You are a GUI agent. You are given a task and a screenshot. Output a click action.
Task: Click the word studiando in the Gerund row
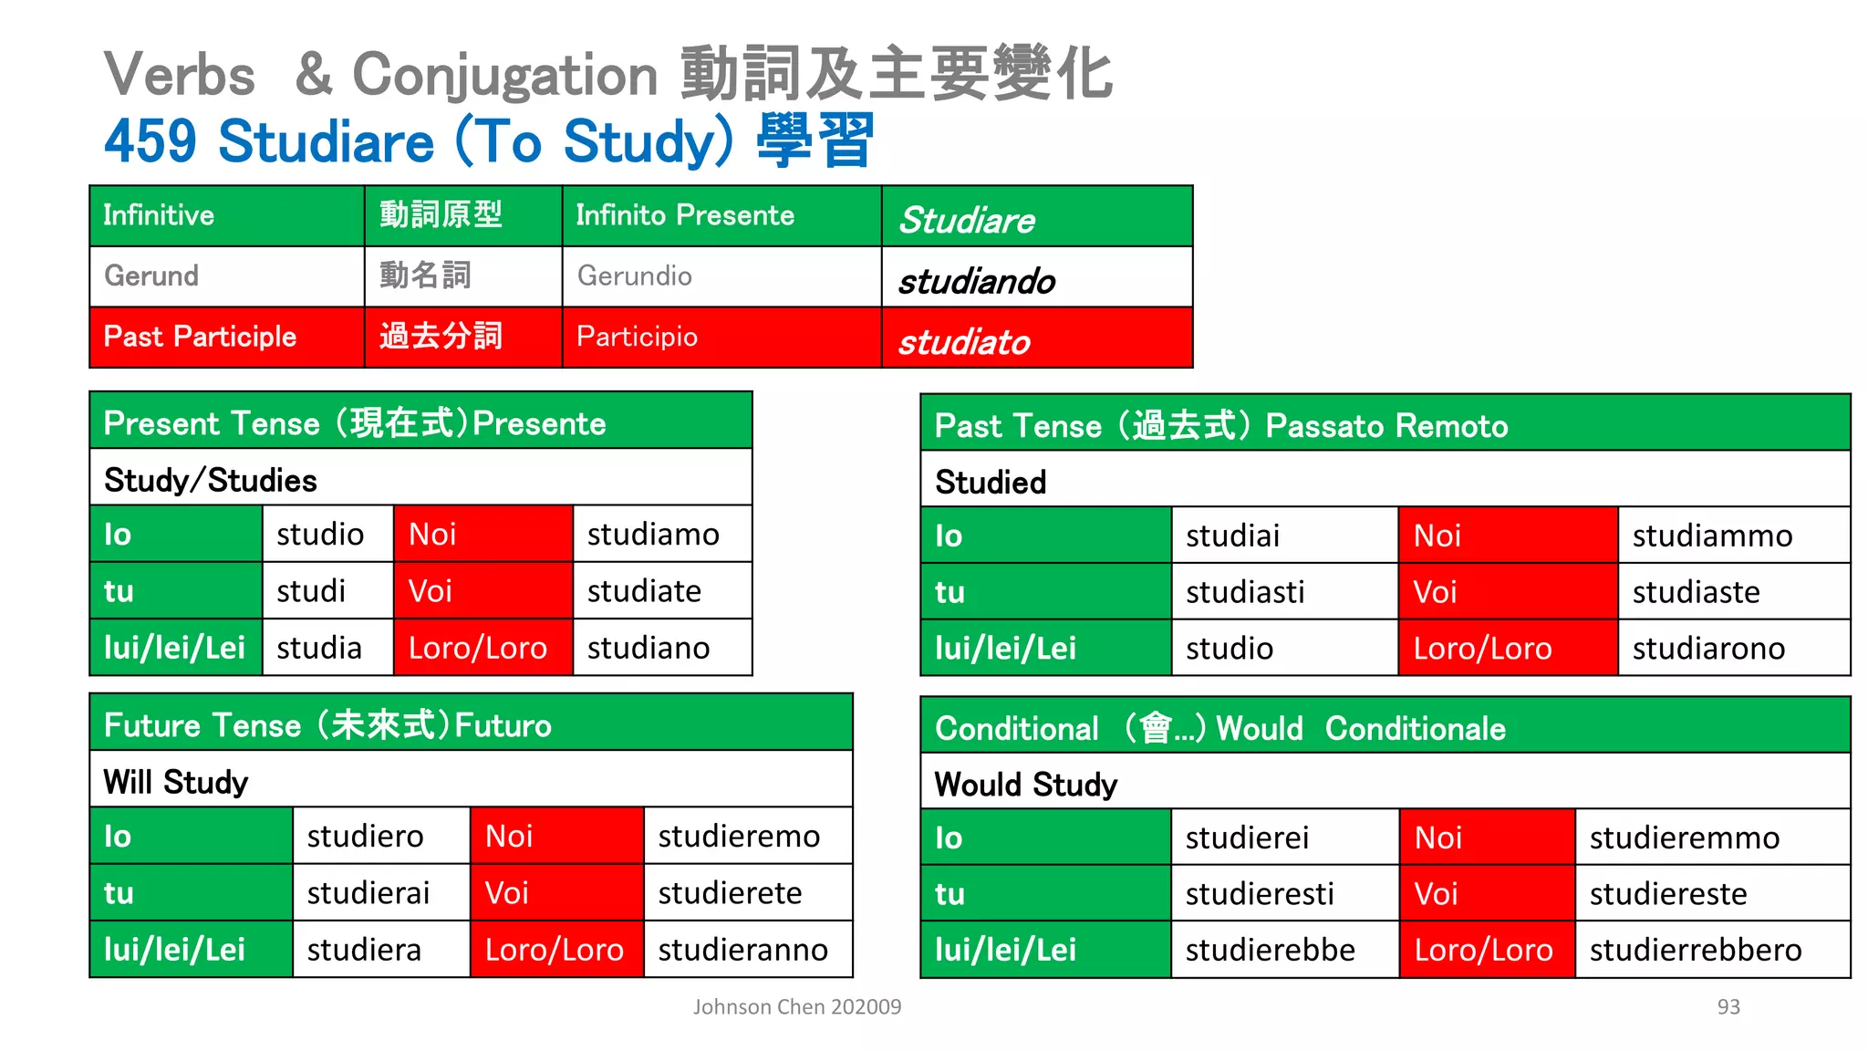[x=977, y=281]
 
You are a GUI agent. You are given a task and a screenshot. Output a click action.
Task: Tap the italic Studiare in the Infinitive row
[x=967, y=220]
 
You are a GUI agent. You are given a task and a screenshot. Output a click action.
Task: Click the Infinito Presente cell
[x=685, y=215]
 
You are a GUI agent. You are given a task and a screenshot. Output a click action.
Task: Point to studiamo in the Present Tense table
[x=653, y=535]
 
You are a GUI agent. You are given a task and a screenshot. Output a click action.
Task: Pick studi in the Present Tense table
[x=311, y=591]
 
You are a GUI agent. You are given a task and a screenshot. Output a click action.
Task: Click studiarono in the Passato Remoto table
[x=1708, y=649]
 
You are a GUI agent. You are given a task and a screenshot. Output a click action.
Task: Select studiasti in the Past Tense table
[x=1245, y=592]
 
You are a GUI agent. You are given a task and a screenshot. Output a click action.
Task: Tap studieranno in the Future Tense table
[x=742, y=950]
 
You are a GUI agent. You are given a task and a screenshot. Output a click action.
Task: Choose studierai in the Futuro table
[x=368, y=893]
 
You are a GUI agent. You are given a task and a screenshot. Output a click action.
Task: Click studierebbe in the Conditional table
[x=1270, y=950]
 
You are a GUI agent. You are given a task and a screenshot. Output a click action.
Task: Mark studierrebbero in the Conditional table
[x=1695, y=950]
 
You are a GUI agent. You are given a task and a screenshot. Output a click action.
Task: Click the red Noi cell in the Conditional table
[x=1487, y=838]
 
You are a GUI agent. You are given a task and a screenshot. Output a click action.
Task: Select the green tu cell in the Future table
[x=191, y=893]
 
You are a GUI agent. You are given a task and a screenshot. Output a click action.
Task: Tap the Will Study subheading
[x=176, y=782]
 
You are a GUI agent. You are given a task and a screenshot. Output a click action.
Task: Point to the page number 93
[x=1728, y=1006]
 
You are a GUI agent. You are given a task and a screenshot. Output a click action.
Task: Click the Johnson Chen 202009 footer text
[x=796, y=1006]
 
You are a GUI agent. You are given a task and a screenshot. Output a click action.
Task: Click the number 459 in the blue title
[x=150, y=141]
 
